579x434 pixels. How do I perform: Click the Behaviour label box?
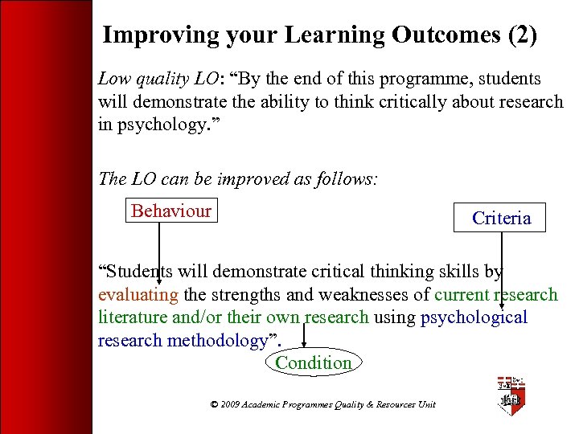pos(170,211)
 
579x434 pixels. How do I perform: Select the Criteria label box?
pos(501,218)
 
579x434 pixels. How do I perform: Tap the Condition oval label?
pos(313,362)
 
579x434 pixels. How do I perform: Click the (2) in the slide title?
pos(520,35)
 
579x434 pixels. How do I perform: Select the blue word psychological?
pos(474,317)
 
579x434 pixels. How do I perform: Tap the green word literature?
pos(133,317)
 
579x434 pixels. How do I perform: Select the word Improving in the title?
pos(150,35)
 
